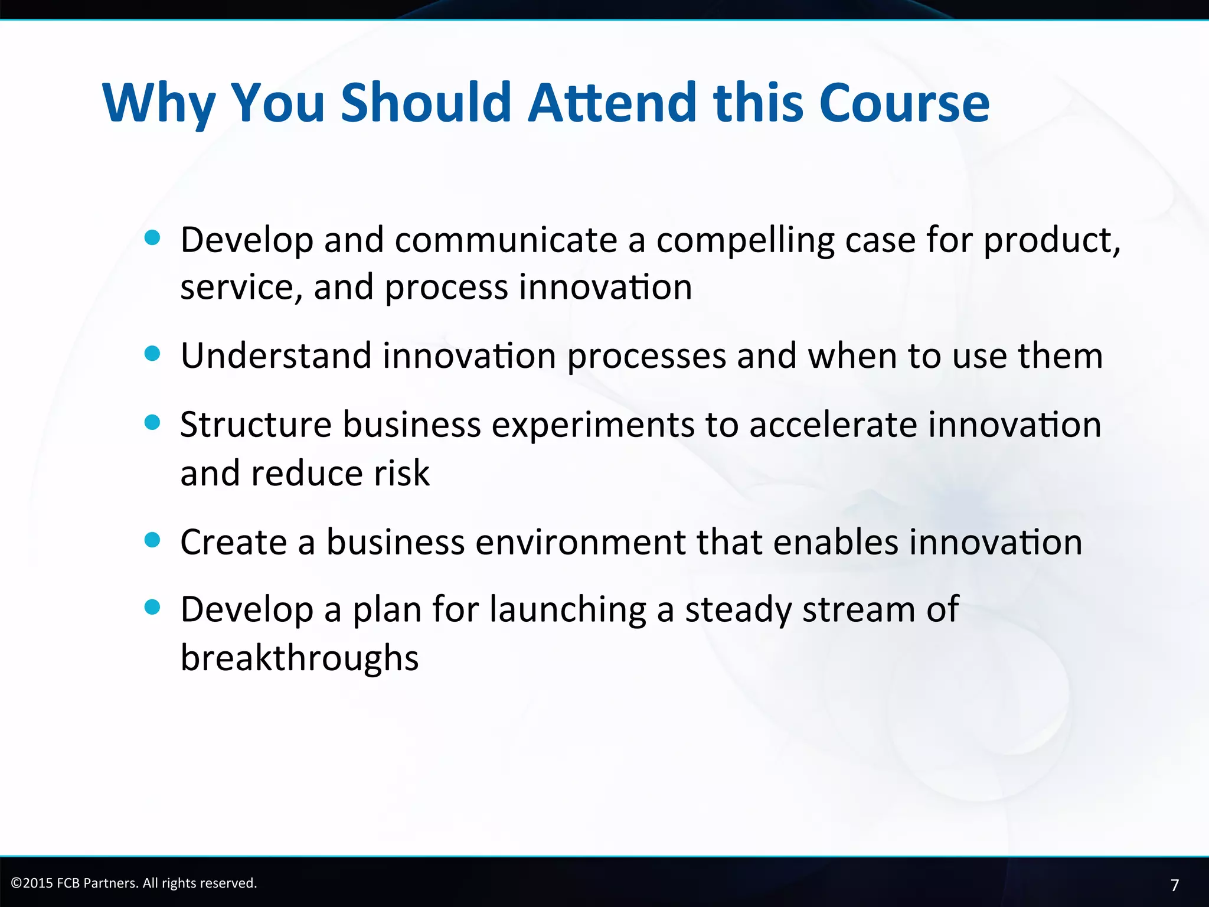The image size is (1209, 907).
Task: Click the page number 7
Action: pos(1174,885)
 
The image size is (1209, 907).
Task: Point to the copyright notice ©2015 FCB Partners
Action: pos(134,883)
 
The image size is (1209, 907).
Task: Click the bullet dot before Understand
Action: pos(152,354)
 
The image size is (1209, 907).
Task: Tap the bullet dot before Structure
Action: pos(152,422)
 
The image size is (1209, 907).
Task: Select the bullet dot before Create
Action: pos(152,540)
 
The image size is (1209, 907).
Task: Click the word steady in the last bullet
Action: pos(738,610)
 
